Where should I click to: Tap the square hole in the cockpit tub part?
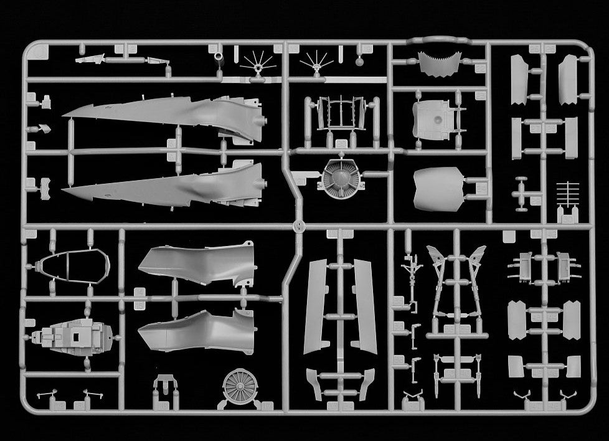pyautogui.click(x=76, y=336)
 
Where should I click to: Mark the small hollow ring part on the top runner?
pyautogui.click(x=219, y=57)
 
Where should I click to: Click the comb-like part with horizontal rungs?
pyautogui.click(x=568, y=197)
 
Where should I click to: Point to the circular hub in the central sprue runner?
pyautogui.click(x=300, y=225)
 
